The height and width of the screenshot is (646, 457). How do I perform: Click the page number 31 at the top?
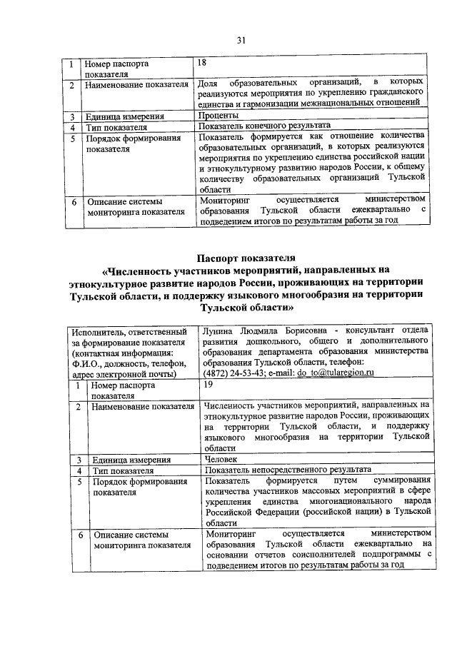click(x=241, y=40)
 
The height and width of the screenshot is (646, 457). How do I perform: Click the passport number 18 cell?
click(x=204, y=64)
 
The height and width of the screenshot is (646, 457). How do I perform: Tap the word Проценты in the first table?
click(x=219, y=116)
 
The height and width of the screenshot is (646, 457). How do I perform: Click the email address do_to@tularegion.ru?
click(x=333, y=373)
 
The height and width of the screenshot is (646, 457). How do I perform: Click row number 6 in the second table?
click(x=80, y=535)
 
